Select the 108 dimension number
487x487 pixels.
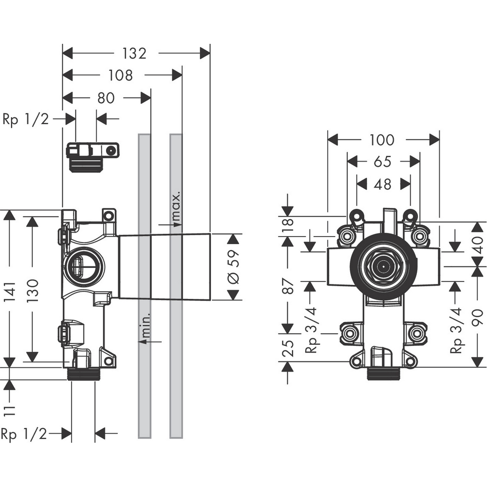pyautogui.click(x=121, y=75)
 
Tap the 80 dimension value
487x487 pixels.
pyautogui.click(x=106, y=98)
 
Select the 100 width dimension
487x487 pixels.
pyautogui.click(x=381, y=140)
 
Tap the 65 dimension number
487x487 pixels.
pyautogui.click(x=383, y=162)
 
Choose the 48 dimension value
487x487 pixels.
pyautogui.click(x=383, y=184)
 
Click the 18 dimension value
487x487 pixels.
pyautogui.click(x=288, y=225)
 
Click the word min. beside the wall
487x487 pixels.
pyautogui.click(x=145, y=322)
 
